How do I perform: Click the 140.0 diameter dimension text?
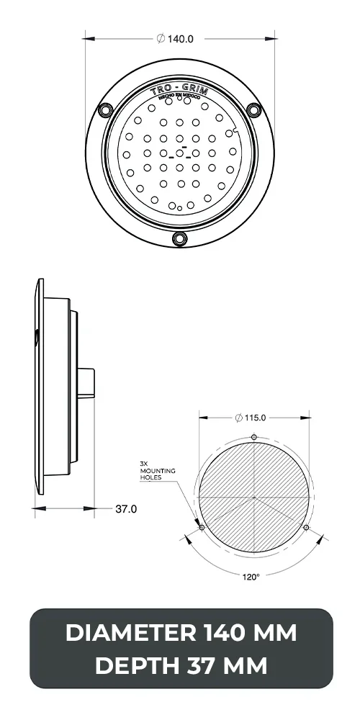coord(175,39)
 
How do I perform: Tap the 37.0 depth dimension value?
coord(126,509)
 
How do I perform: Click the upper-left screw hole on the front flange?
coord(106,109)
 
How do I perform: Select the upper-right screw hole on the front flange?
coord(253,109)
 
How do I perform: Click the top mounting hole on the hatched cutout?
coord(254,437)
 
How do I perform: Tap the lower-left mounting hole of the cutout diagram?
coord(202,528)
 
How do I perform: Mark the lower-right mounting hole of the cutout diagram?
coord(307,528)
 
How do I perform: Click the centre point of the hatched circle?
coord(254,498)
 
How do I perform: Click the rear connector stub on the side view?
coord(86,382)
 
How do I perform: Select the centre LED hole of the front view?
coord(179,153)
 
